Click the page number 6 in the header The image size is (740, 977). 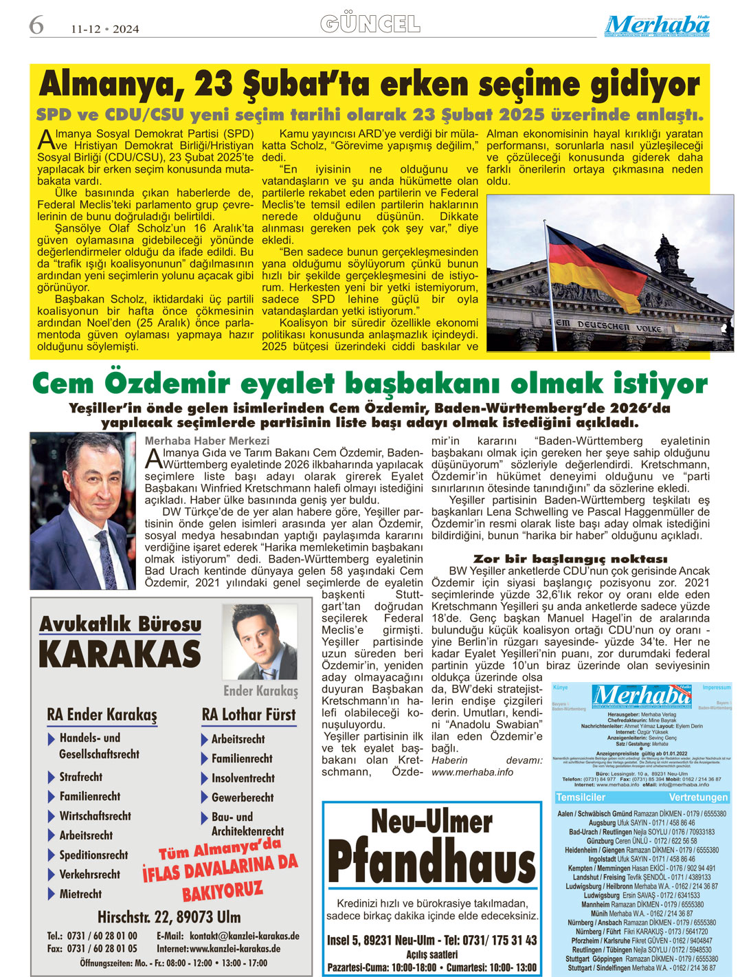pos(36,25)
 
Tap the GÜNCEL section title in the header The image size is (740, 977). pos(370,24)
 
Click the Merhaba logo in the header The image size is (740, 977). pos(657,25)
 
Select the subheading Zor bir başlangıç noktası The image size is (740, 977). pos(570,559)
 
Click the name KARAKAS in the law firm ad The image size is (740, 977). pos(120,654)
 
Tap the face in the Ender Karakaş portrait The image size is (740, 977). pos(256,636)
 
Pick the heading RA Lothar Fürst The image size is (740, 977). pos(249,715)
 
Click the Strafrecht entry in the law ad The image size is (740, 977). pos(80,777)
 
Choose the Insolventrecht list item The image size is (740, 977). pos(243,778)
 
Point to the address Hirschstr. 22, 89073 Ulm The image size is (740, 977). pos(169,917)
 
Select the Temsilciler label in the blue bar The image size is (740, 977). pos(581,798)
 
